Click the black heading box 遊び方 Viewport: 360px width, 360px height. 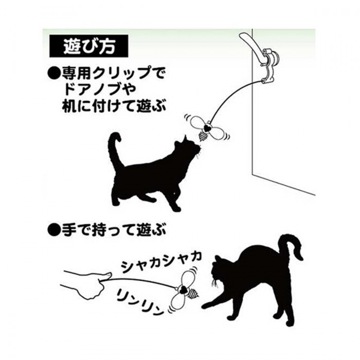[x=88, y=46]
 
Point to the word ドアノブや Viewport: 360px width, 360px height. [x=95, y=89]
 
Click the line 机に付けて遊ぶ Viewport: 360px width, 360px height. [x=114, y=105]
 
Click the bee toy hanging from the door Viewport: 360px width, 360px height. [x=206, y=129]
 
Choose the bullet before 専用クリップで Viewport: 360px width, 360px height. [x=53, y=74]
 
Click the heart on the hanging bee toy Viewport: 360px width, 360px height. [x=207, y=127]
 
